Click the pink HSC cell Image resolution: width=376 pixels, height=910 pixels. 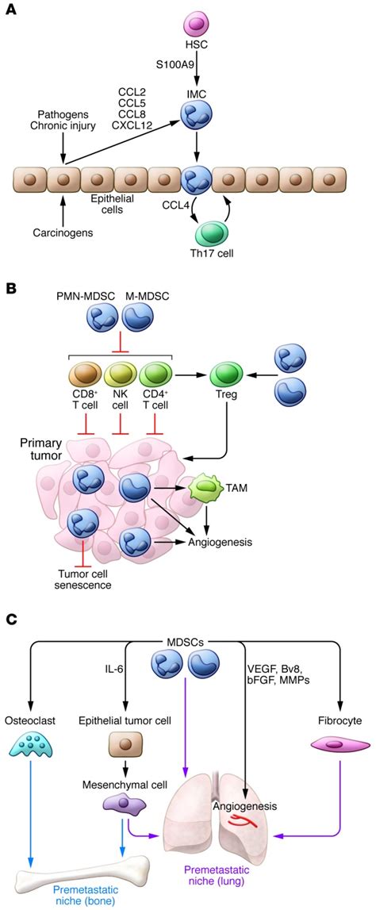[x=194, y=25]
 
